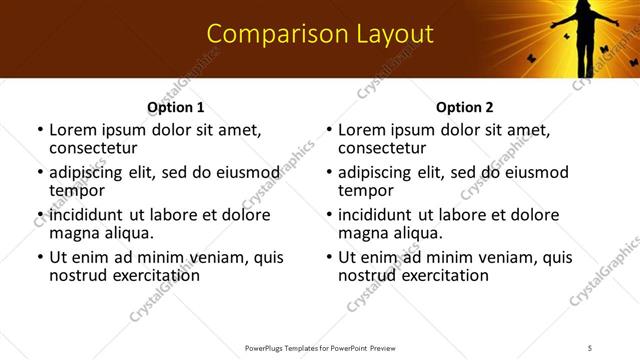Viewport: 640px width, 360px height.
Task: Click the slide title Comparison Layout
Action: coord(320,35)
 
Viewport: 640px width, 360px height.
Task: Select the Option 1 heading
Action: coord(176,107)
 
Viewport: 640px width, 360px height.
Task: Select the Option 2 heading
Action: coord(464,107)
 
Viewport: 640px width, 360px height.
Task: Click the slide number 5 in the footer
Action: coord(590,347)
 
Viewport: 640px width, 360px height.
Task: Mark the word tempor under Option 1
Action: coord(76,190)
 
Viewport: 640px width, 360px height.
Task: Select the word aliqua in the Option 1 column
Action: coord(128,233)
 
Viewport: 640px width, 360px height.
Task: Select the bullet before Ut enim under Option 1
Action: coord(39,257)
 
